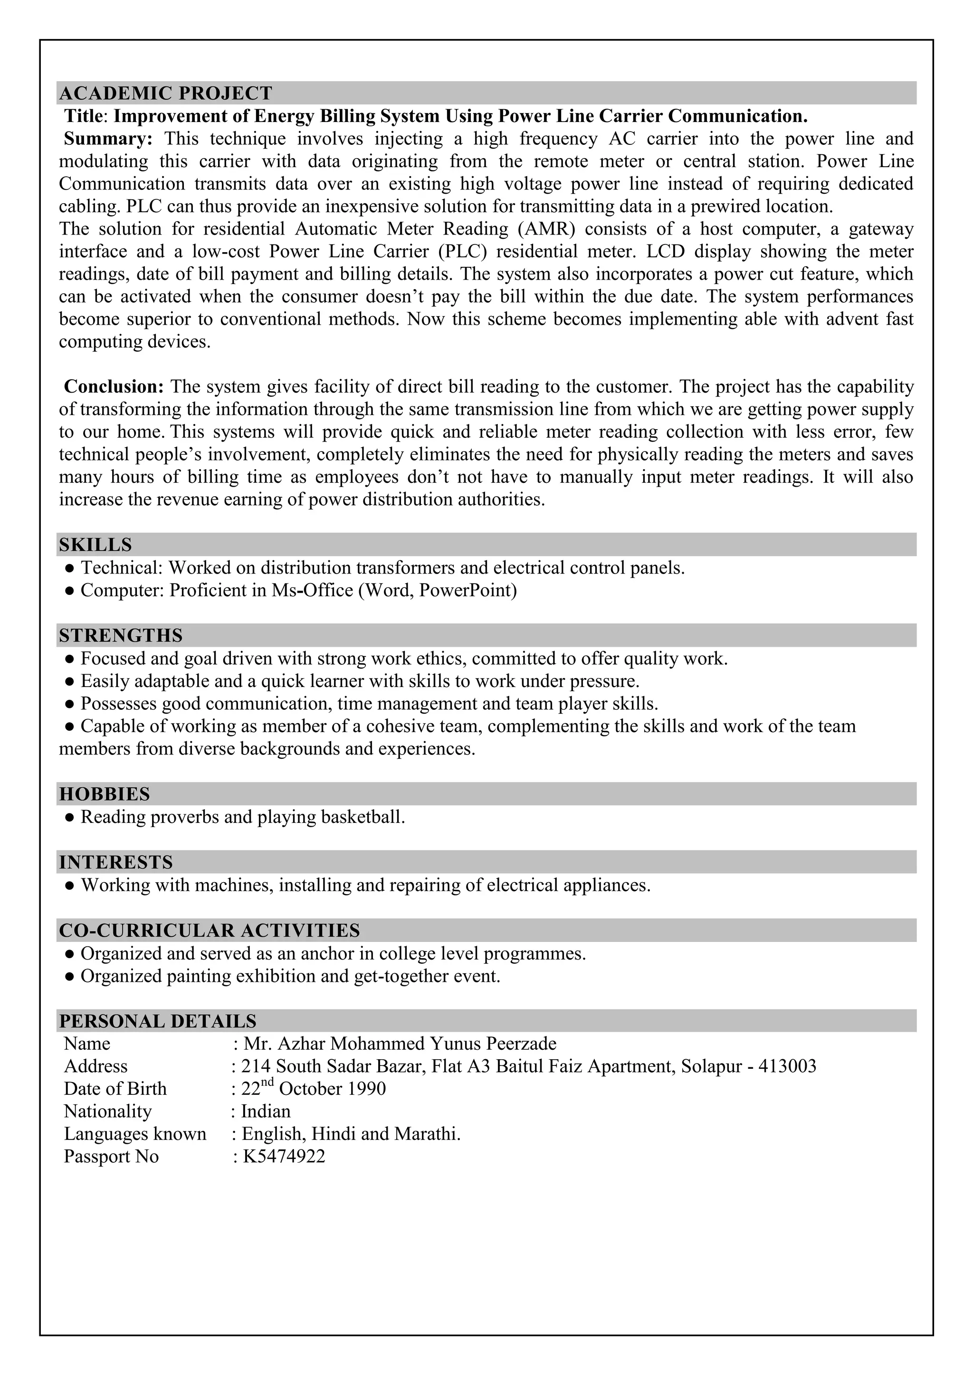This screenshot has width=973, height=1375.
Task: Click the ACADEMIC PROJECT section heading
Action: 165,94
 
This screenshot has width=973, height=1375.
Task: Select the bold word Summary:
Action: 108,139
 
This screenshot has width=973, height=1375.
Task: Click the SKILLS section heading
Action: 95,545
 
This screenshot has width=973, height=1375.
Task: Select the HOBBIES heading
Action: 104,794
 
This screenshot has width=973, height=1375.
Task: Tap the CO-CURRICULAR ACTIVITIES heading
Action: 209,931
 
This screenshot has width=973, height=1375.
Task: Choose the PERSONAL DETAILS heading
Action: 158,1022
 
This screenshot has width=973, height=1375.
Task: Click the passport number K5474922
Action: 283,1157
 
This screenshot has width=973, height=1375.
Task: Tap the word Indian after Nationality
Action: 266,1111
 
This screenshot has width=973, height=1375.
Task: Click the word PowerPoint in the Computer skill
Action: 467,591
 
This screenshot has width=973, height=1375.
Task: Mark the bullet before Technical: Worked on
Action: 69,568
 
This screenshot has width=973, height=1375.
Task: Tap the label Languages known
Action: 135,1134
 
